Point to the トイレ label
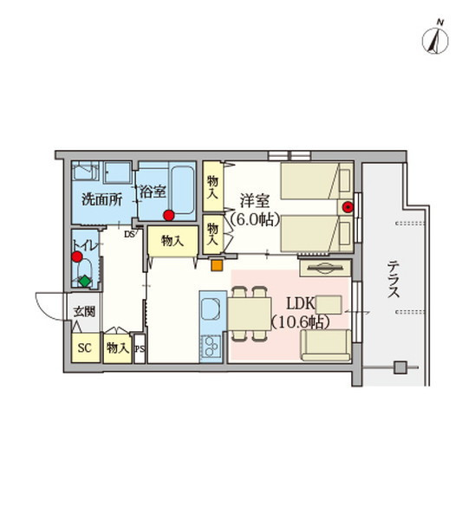coord(85,244)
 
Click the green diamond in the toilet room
coord(84,280)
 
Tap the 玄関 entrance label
coord(83,310)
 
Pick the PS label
coord(140,349)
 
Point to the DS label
coord(128,234)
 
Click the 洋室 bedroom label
coord(255,200)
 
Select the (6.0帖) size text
coord(255,219)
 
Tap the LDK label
coord(300,305)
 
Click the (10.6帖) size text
coord(300,322)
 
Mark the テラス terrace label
coord(394,278)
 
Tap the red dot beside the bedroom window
coord(348,207)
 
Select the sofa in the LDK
coord(326,345)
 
